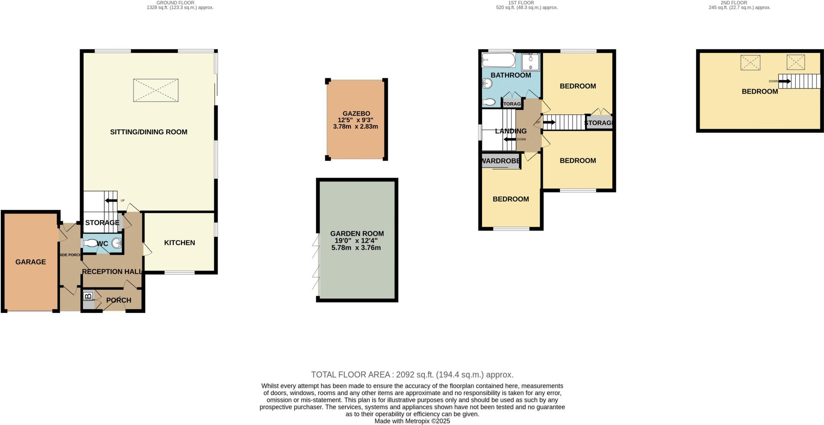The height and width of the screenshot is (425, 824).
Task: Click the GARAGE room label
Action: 31,262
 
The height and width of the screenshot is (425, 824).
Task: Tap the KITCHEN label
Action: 179,242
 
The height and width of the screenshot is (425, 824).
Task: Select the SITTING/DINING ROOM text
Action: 148,132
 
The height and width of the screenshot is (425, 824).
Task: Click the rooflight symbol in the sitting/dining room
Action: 156,90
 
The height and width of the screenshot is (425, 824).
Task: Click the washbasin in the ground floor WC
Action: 117,243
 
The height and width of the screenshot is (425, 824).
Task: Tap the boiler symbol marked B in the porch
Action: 88,297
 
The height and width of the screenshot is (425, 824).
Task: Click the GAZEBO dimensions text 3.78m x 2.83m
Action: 355,126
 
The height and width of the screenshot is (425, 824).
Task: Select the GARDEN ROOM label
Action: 357,234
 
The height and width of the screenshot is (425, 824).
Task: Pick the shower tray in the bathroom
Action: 530,62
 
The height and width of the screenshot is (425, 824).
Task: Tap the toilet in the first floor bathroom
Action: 488,102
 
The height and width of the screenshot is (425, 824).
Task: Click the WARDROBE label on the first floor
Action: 501,161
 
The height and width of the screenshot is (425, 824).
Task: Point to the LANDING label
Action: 511,131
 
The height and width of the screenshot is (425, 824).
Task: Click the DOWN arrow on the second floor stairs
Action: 784,81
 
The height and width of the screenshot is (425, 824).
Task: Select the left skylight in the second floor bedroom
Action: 750,63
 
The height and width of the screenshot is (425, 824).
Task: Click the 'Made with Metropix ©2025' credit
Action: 412,421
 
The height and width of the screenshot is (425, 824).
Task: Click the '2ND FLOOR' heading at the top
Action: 739,3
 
